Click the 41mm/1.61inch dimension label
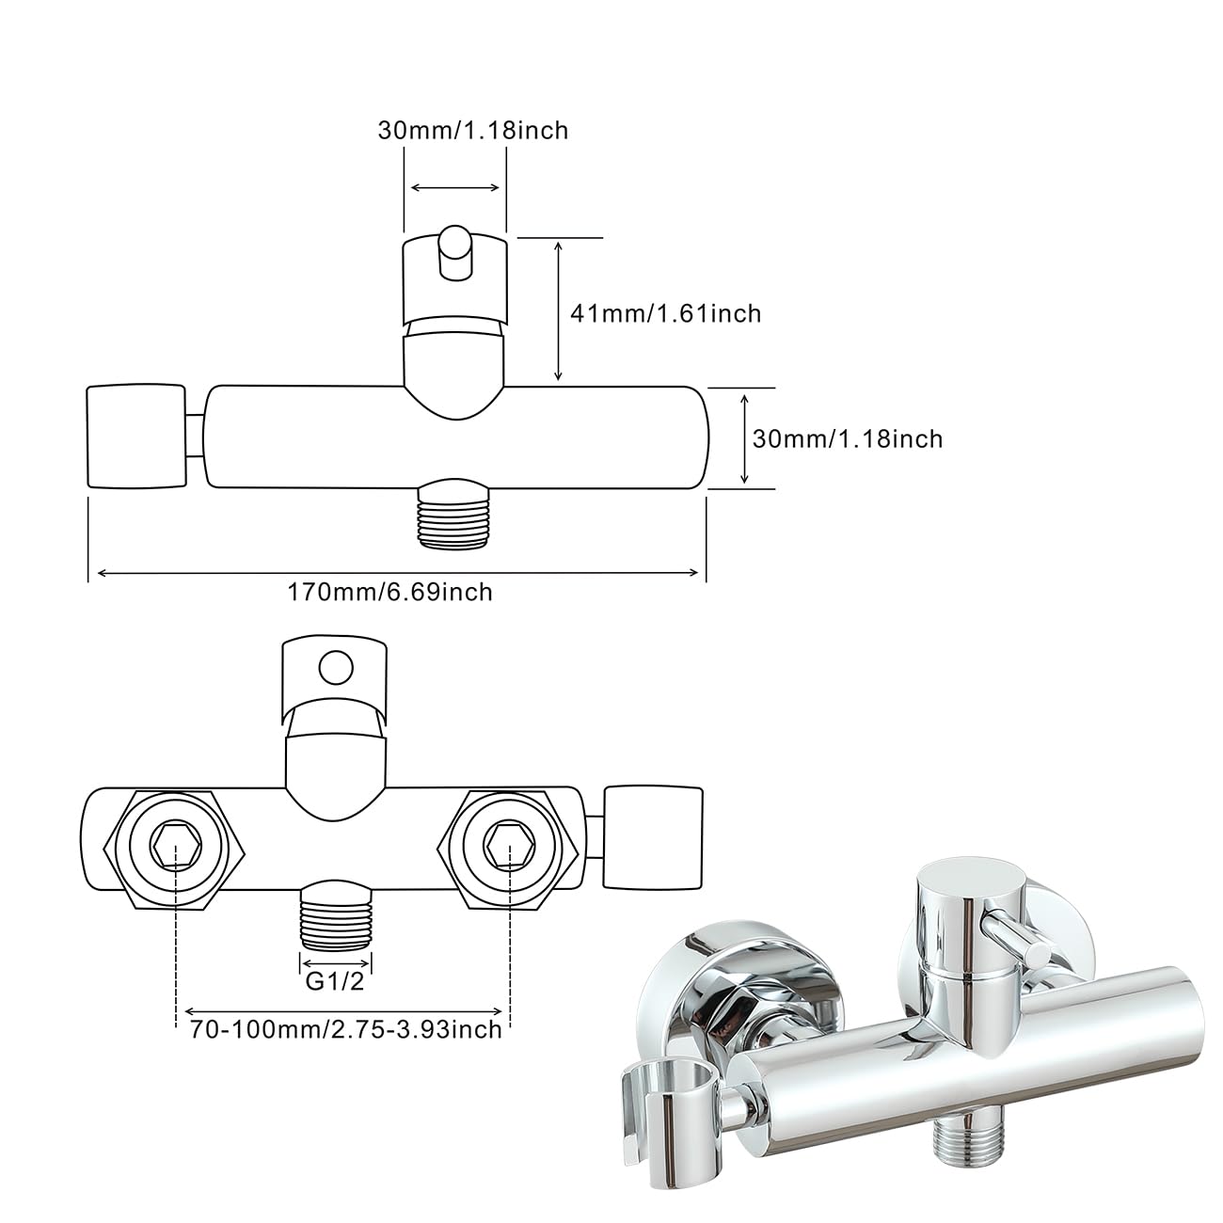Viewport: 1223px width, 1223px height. coord(666,313)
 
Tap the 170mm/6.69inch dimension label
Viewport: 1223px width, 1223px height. coord(390,592)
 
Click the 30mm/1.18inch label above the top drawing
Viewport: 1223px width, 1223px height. coord(473,130)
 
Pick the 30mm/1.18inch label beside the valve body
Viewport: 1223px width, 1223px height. coord(848,439)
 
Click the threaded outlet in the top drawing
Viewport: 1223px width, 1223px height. coord(454,515)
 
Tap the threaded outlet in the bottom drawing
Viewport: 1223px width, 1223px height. coord(336,914)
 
